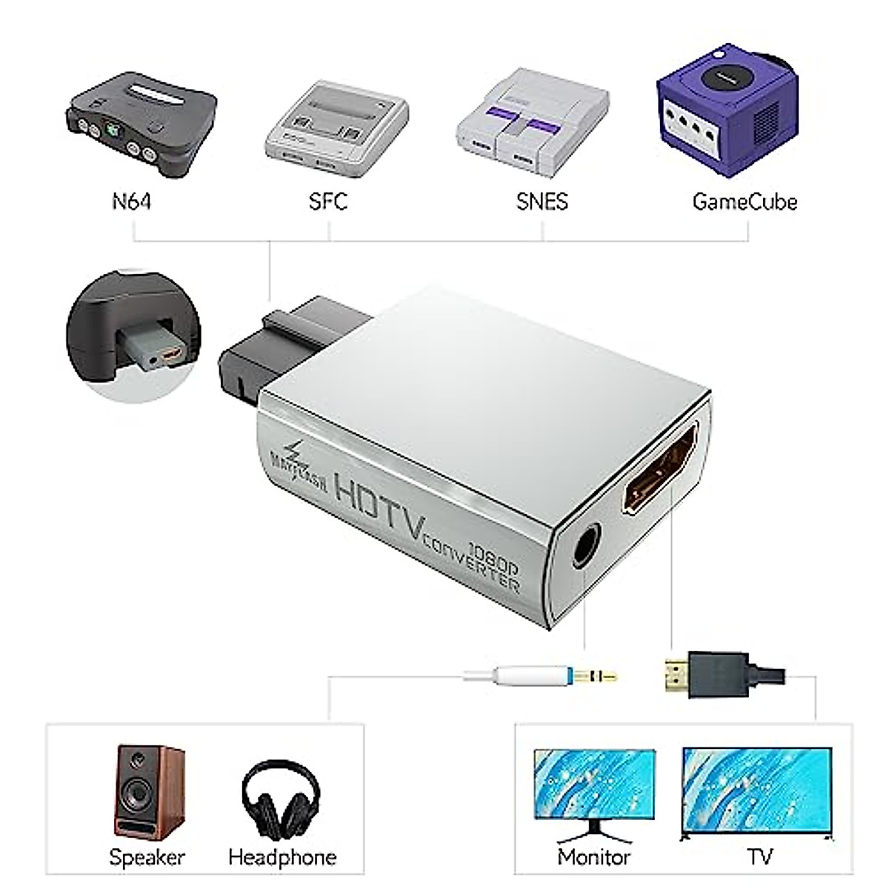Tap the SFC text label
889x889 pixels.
327,202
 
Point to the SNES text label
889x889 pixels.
542,202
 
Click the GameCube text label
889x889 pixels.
745,202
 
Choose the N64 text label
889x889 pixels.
132,202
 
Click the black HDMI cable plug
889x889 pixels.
711,674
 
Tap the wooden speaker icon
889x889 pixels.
148,793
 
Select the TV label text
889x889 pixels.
759,857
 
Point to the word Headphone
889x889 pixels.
282,857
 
